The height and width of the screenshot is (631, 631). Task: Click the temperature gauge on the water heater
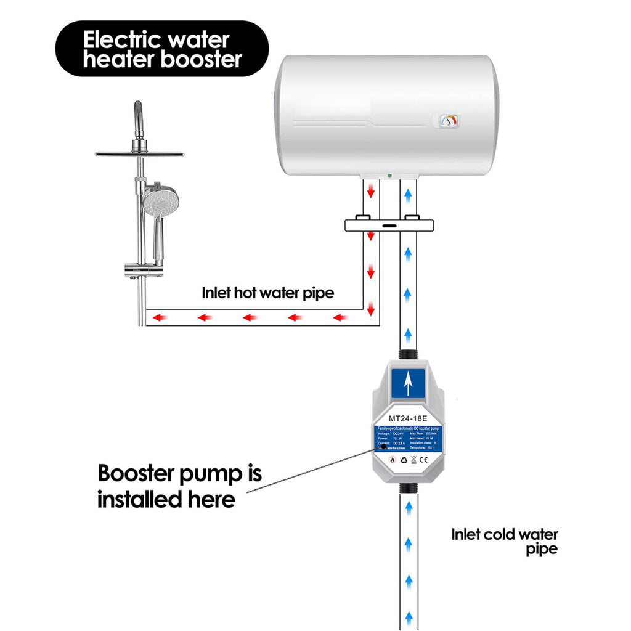pos(450,120)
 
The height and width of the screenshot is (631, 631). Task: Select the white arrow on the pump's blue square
pos(407,385)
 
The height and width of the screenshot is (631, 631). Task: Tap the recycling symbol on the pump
pos(402,459)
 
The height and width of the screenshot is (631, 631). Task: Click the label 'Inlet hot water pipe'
pos(267,293)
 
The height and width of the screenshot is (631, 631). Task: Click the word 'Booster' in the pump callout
pos(148,474)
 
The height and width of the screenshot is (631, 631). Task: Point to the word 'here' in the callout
pos(210,499)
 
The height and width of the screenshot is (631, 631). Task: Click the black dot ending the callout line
pos(383,446)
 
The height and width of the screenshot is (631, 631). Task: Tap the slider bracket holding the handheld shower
pos(144,270)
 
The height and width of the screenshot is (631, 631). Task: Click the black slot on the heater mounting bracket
pos(389,226)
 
